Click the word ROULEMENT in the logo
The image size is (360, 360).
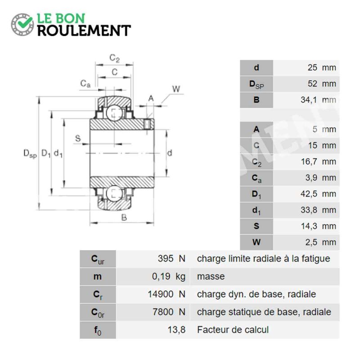coord(84,31)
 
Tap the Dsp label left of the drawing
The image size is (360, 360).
coord(30,153)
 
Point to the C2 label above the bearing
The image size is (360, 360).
coord(115,58)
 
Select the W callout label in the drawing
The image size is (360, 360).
coord(176,89)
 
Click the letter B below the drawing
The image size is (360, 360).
coord(124,217)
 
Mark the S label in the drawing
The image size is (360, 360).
coord(78,139)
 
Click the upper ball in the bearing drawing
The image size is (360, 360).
coord(115,112)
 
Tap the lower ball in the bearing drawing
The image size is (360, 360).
coord(115,193)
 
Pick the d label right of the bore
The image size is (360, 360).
coord(170,153)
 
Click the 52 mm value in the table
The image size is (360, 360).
coord(322,84)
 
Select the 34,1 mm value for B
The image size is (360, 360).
coord(318,100)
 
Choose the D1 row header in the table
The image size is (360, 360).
coord(256,194)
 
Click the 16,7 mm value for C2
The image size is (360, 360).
coord(319,162)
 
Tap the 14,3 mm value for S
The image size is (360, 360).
coord(319,226)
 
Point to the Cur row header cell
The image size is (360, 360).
coord(98,259)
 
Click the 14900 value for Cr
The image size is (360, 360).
coord(160,294)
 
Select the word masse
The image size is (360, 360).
coord(211,276)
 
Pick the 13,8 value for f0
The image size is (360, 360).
coord(176,330)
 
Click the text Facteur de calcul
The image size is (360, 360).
coord(233,330)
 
